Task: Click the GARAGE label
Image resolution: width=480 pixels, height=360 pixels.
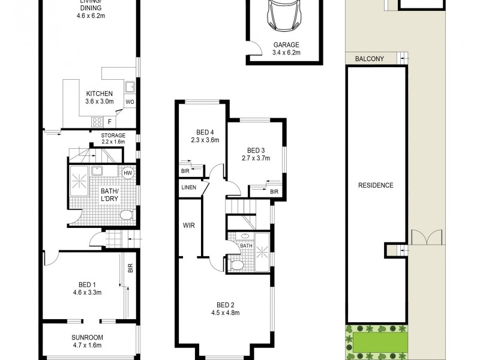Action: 286,45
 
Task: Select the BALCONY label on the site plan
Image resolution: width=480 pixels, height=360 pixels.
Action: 370,59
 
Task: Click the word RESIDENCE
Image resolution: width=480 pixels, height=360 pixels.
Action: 376,185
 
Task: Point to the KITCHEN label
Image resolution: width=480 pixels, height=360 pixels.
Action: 99,94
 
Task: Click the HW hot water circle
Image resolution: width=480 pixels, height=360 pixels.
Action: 127,173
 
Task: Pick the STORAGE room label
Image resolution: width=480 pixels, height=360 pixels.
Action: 113,136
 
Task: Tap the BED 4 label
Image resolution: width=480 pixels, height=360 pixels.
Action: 205,133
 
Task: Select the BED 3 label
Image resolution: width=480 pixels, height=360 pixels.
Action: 256,151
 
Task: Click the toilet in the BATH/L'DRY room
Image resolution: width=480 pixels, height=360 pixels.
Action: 126,215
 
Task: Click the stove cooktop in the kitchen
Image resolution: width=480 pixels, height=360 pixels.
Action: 97,122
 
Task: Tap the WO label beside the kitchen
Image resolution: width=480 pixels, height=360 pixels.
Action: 129,102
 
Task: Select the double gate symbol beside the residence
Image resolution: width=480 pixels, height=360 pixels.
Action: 427,238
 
